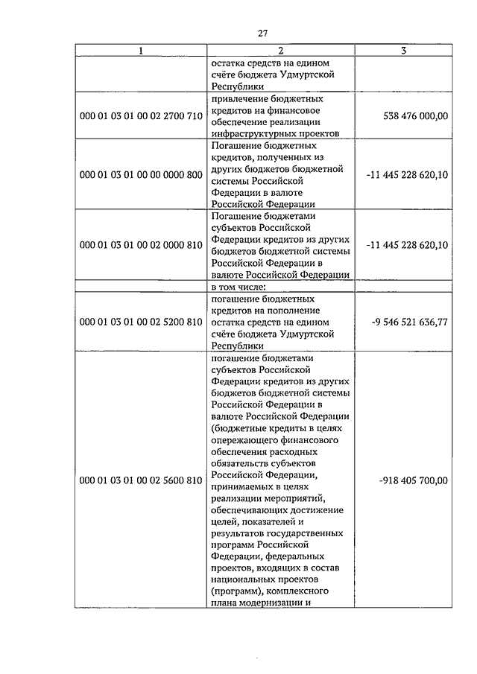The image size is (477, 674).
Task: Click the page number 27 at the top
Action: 262,33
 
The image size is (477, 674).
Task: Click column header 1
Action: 140,51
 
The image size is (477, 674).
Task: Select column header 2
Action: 280,51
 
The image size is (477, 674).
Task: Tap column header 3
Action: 402,51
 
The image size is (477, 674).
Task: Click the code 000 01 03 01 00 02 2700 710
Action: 140,116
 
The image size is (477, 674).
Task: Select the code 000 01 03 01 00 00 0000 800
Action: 140,175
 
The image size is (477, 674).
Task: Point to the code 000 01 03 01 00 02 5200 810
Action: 140,322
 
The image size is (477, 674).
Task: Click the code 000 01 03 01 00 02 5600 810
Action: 140,480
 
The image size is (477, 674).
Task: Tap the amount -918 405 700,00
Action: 413,480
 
